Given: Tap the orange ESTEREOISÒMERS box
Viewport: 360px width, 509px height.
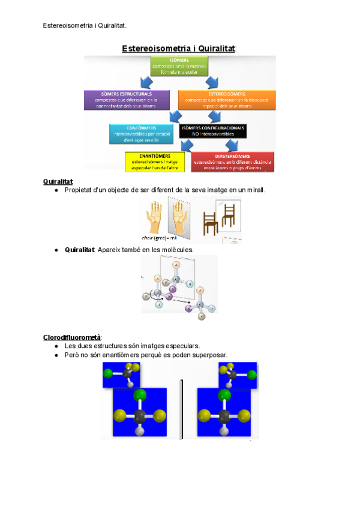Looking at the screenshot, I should (x=227, y=100).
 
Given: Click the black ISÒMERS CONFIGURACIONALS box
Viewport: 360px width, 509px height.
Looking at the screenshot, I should (x=214, y=131).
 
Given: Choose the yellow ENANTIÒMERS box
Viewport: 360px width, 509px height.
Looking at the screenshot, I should (x=152, y=161).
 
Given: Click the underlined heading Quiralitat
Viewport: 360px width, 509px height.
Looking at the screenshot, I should (x=58, y=181).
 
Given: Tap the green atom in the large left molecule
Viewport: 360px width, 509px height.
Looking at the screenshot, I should (x=140, y=394).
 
